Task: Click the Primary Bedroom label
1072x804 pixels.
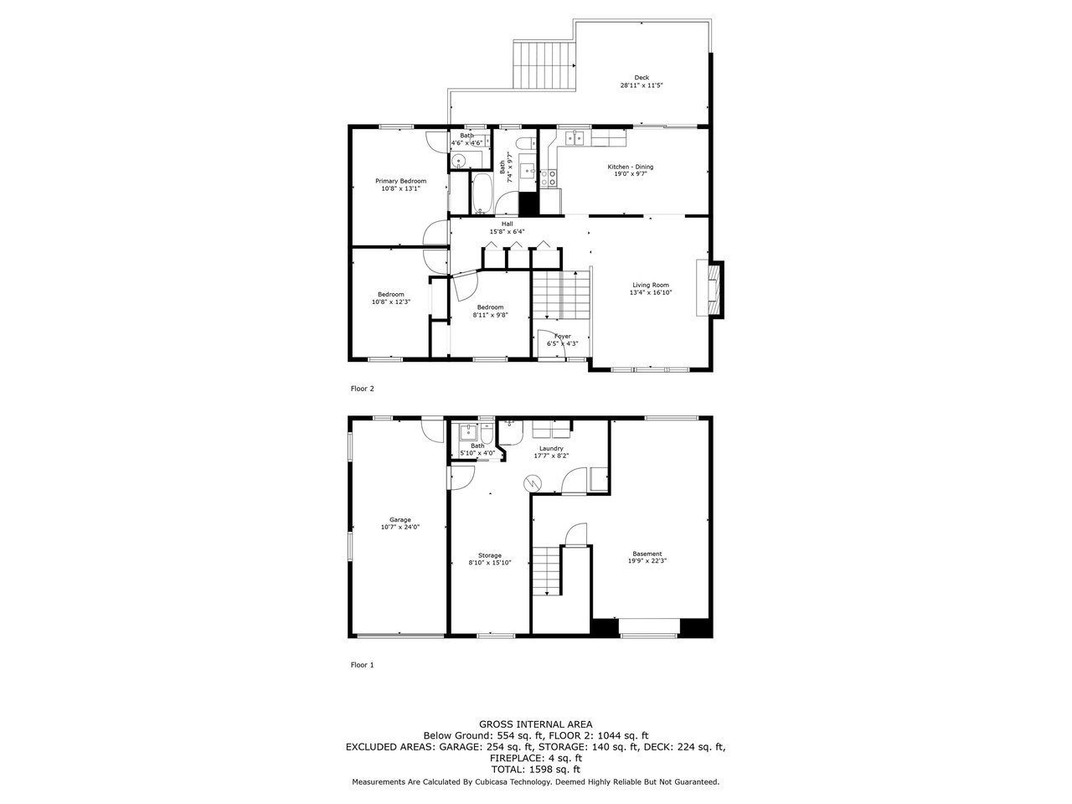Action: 400,181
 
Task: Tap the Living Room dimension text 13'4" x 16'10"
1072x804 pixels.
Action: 651,293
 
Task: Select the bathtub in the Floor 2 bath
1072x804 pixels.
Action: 481,193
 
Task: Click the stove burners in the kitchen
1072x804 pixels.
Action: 549,178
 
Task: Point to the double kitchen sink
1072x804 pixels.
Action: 575,138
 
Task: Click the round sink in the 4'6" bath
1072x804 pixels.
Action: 458,160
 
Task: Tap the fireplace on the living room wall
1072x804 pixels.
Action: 709,290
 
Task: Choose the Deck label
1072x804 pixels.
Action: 642,78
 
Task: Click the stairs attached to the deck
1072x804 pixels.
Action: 543,65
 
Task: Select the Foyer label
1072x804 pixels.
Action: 563,337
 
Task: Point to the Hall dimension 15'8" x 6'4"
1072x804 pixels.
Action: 507,232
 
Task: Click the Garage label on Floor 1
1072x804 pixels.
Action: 400,520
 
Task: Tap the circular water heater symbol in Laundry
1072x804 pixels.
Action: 533,483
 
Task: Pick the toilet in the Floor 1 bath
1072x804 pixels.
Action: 487,432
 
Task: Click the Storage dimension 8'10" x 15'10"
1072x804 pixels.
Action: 490,563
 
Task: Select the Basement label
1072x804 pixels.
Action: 647,554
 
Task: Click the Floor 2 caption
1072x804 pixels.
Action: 363,389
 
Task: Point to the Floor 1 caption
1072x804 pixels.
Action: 363,665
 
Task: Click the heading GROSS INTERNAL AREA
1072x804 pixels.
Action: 536,724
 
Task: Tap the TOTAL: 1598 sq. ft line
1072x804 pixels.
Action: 536,770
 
